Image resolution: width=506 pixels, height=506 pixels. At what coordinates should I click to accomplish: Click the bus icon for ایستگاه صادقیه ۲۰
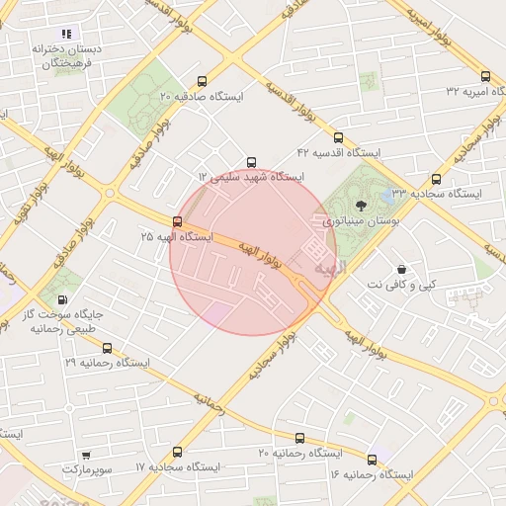(x=203, y=82)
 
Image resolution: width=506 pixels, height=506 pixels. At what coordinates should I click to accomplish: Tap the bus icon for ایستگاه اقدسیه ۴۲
(x=339, y=137)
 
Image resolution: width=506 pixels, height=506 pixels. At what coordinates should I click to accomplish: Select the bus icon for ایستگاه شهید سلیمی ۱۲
(x=251, y=161)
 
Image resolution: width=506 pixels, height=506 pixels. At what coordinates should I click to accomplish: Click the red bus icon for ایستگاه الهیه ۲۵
(x=177, y=221)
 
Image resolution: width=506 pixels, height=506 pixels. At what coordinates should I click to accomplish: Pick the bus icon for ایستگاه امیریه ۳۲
(x=484, y=76)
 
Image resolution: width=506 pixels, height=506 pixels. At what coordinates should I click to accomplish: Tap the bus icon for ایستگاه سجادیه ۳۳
(x=437, y=179)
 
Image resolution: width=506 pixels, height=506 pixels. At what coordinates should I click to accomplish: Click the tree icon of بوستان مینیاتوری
(x=360, y=207)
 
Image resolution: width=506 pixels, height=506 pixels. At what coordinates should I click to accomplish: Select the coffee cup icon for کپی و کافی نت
(x=401, y=269)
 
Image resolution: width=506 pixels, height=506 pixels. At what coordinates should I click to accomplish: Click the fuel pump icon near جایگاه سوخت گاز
(x=63, y=300)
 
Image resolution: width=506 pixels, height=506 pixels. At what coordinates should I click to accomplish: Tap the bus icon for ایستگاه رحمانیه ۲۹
(x=107, y=348)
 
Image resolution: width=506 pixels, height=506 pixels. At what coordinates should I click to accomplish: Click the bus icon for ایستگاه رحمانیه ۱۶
(x=372, y=460)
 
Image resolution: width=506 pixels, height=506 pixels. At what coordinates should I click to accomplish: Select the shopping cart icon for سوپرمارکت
(x=86, y=455)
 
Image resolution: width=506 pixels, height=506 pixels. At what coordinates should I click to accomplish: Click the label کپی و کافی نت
(x=413, y=285)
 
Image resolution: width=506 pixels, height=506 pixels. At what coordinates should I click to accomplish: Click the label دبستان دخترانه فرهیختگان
(x=62, y=55)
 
